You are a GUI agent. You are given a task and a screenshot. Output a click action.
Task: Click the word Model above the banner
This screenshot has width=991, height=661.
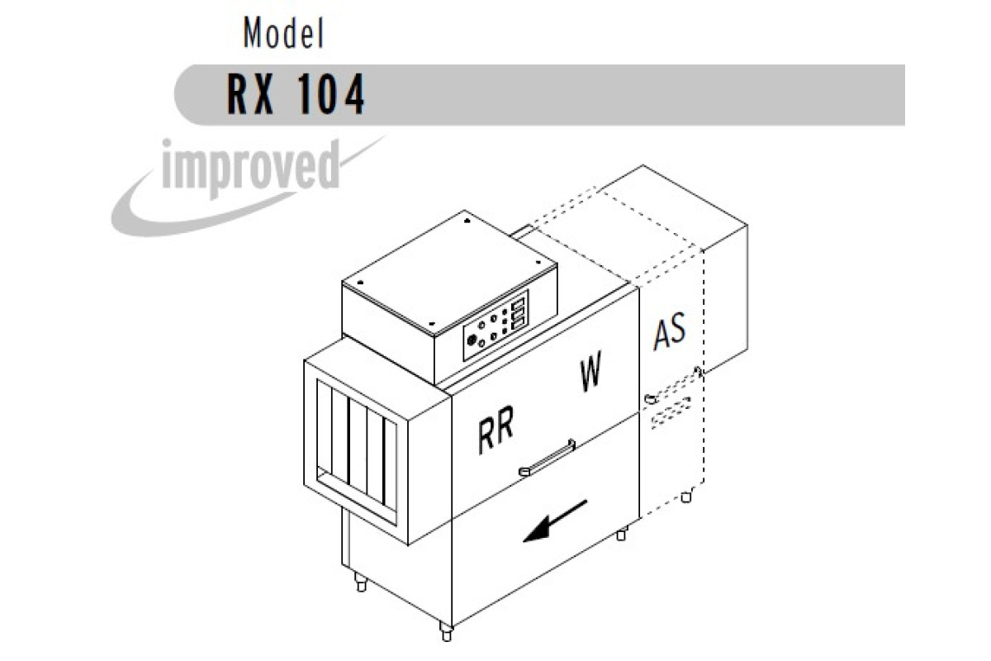(x=283, y=33)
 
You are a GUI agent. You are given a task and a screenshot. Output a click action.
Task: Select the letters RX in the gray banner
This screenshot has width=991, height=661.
(x=250, y=94)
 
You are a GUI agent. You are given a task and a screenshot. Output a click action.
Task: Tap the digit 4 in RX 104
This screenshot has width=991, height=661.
(x=354, y=94)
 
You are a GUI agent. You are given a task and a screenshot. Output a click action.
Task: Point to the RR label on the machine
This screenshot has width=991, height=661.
(x=496, y=429)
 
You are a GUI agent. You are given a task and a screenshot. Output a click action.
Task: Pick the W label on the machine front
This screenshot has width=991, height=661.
(x=591, y=370)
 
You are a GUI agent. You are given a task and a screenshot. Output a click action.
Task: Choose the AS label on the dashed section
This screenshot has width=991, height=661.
(x=670, y=330)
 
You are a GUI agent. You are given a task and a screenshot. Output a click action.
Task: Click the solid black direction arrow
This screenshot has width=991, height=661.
(x=555, y=521)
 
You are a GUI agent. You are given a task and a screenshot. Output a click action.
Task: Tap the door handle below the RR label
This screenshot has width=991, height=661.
(x=547, y=458)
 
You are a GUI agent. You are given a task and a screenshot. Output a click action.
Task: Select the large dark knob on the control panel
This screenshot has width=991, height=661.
(x=472, y=340)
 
